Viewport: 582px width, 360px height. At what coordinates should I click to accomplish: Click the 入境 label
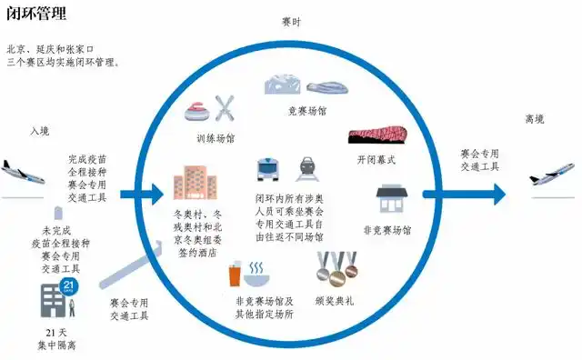point(40,131)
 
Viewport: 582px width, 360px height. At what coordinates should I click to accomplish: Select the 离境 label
point(534,119)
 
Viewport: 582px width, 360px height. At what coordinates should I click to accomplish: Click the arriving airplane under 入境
point(23,169)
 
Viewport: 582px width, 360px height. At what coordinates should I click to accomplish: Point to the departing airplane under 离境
point(552,173)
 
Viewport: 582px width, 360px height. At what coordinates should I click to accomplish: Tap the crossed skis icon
point(226,107)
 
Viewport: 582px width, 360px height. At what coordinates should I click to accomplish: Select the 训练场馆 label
point(216,139)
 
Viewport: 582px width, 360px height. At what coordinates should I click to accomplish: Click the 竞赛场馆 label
point(307,111)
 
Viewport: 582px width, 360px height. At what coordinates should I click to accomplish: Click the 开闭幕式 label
point(376,160)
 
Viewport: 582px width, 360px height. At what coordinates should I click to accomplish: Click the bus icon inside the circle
point(271,170)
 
